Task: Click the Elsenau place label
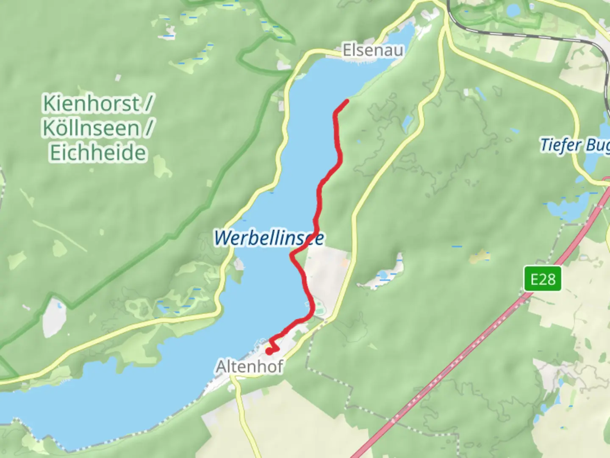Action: [x=373, y=50]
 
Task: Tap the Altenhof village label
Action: [x=249, y=366]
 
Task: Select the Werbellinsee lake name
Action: [x=269, y=238]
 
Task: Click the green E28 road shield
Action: [x=542, y=279]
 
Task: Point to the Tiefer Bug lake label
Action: [x=574, y=145]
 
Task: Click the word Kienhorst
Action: [x=91, y=103]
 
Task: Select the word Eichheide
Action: [x=98, y=153]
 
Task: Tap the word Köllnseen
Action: [x=91, y=128]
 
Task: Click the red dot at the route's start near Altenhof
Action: [x=269, y=351]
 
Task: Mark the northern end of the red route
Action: [x=347, y=101]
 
